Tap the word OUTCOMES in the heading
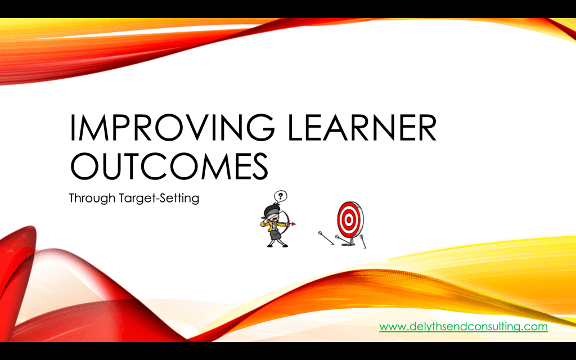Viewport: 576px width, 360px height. pos(169,166)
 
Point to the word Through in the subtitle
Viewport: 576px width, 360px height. pos(92,199)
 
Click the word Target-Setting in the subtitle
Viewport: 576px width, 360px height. pos(159,199)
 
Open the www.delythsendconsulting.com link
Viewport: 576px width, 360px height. pos(463,327)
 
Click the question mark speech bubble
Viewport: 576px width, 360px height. pos(281,196)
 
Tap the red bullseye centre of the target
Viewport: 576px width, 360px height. pos(348,220)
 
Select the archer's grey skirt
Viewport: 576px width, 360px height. pos(276,234)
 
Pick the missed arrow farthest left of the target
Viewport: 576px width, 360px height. pos(326,238)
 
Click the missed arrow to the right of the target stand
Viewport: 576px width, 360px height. pos(363,241)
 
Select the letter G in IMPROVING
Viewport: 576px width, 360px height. pos(260,127)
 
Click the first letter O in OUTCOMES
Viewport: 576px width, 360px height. pos(84,166)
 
